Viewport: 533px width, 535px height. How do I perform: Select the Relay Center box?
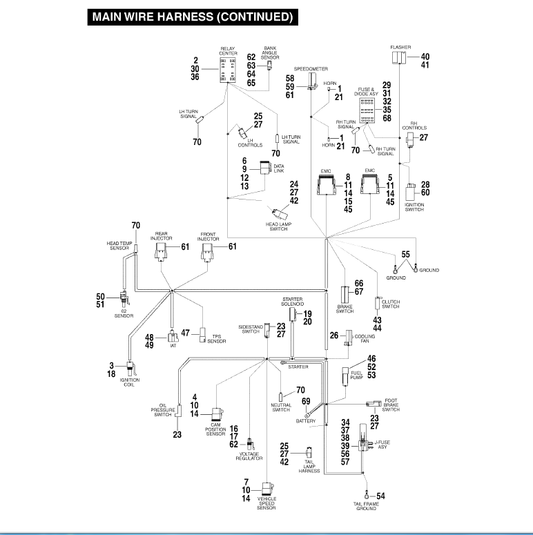click(x=228, y=70)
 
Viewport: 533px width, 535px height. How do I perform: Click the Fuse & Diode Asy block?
click(x=367, y=110)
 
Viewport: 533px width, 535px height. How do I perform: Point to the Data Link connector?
click(x=265, y=168)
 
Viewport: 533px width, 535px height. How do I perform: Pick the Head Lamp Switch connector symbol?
click(x=280, y=213)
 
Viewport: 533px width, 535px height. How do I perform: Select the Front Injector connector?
click(x=207, y=252)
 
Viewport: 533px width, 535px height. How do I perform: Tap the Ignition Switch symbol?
click(x=411, y=193)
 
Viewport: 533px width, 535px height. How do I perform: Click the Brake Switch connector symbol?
click(x=345, y=295)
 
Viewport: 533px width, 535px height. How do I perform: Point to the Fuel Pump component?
click(x=346, y=376)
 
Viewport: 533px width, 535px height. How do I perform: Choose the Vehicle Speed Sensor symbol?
click(x=267, y=489)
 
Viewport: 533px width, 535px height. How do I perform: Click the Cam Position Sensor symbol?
click(x=217, y=414)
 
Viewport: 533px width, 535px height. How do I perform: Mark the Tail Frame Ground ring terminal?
click(x=367, y=494)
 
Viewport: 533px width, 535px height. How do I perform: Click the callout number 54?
click(x=380, y=496)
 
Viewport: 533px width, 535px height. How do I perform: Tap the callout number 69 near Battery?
click(x=306, y=401)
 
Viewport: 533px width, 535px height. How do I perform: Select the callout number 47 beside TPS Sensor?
click(x=185, y=333)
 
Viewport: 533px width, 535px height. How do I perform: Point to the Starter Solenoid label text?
click(x=293, y=302)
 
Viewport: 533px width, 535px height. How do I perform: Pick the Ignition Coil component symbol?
click(x=130, y=369)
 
